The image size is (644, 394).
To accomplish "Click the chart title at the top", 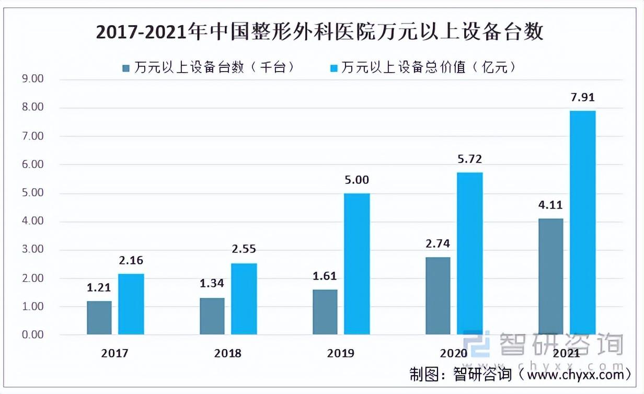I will tap(320, 32).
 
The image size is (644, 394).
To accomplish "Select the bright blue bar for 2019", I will tap(357, 264).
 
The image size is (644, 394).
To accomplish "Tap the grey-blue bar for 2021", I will tap(550, 276).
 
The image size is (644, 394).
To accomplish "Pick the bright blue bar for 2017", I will tap(131, 304).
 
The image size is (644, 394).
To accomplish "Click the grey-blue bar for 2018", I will tap(212, 316).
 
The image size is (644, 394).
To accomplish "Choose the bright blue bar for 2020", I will tap(470, 253).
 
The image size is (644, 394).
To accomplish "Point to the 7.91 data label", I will tap(583, 98).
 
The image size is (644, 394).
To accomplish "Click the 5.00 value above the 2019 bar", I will tap(357, 180).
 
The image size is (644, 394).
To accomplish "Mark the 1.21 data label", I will tap(99, 288).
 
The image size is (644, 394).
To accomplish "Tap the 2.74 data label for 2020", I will tap(438, 244).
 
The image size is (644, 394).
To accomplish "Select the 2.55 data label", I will tap(244, 249).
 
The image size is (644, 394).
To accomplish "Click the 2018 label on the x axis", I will tap(228, 354).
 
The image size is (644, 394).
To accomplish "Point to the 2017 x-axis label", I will tap(115, 354).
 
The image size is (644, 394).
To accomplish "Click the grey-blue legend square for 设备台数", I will tap(126, 68).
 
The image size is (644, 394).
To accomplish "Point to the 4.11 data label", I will tap(550, 205).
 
